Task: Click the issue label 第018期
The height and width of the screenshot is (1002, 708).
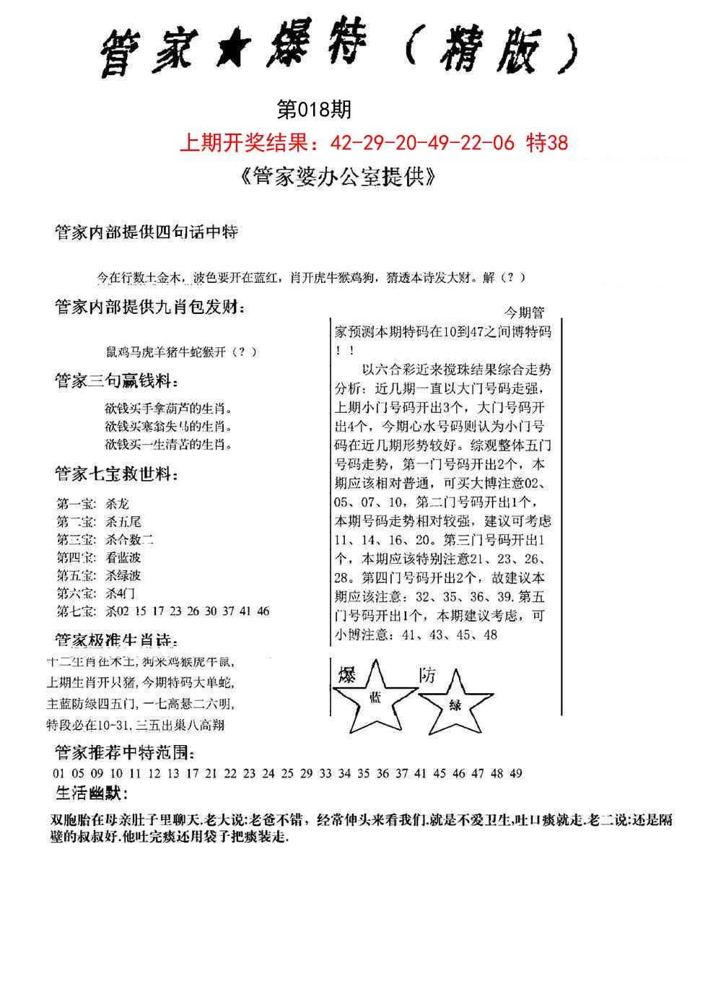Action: coord(314,110)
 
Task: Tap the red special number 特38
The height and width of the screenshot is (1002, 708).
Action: coord(548,143)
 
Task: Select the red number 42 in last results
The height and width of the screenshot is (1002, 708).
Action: coord(340,143)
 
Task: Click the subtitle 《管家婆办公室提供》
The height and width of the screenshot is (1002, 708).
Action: coord(337,178)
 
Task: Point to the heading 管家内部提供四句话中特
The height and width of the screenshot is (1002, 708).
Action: coord(147,232)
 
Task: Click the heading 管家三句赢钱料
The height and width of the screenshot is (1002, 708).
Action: coord(116,381)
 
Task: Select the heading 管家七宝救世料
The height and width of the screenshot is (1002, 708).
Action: coord(116,475)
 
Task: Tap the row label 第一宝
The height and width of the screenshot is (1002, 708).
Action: coord(76,504)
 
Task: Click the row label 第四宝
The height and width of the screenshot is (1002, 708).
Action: coord(76,557)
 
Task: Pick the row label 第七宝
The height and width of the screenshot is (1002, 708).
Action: coord(76,611)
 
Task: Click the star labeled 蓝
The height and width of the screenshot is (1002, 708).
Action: coord(375,696)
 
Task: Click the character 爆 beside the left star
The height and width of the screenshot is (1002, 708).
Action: coord(347,676)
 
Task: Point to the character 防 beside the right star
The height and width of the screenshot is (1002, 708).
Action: coord(427,676)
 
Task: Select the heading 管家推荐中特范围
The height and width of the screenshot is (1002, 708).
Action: coord(124,753)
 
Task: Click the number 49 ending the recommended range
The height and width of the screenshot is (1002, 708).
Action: coord(515,774)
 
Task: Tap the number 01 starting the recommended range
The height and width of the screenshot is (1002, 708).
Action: coord(59,774)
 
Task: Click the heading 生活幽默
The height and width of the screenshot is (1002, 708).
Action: coord(91,794)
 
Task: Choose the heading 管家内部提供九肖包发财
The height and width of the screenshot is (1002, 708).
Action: coord(150,308)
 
